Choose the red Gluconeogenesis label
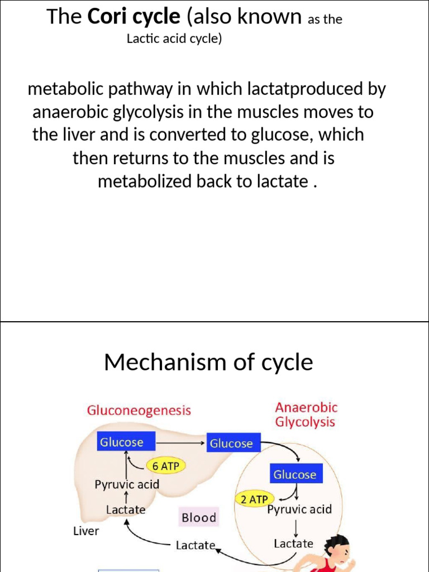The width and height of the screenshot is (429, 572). [139, 411]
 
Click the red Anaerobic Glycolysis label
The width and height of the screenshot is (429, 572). [306, 415]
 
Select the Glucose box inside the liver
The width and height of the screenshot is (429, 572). [121, 442]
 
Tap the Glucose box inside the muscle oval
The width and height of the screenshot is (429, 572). [294, 475]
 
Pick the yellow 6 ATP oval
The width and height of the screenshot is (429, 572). [165, 465]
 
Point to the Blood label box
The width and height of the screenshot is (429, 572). [198, 518]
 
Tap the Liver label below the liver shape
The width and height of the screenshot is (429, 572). [86, 531]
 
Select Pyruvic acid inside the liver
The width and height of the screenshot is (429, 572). [127, 484]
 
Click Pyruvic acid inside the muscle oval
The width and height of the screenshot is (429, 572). [299, 509]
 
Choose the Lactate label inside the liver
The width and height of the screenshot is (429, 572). [126, 509]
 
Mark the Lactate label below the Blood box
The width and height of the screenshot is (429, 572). [196, 545]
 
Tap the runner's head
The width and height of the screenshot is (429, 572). [337, 548]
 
